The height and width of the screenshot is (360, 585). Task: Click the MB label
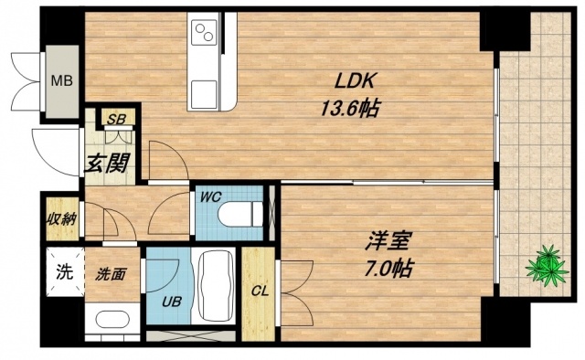pyautogui.click(x=61, y=81)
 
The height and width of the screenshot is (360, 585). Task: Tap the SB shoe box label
pyautogui.click(x=117, y=119)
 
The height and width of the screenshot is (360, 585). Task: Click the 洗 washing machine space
pyautogui.click(x=63, y=271)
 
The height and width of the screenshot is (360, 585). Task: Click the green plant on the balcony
pyautogui.click(x=545, y=264)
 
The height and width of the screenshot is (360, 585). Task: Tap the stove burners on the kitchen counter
pyautogui.click(x=204, y=37)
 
